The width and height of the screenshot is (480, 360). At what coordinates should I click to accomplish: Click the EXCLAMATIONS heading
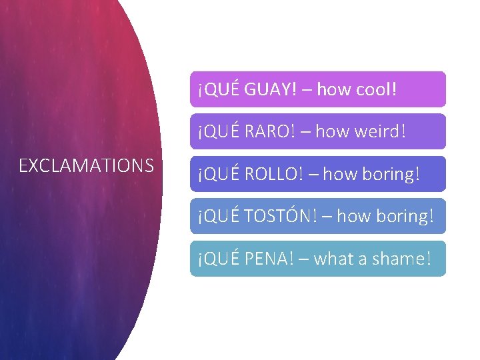click(87, 165)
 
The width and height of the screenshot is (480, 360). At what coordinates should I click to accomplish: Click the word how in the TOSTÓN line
click(353, 216)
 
